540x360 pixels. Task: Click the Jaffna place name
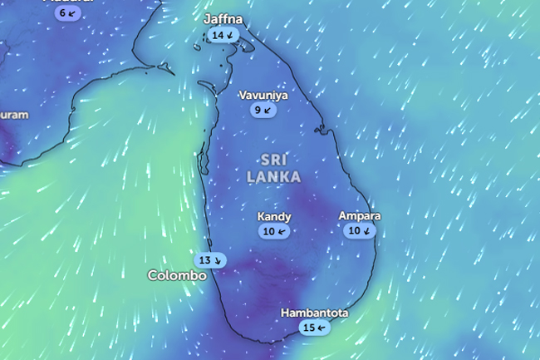(223, 19)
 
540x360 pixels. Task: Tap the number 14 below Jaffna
(218, 36)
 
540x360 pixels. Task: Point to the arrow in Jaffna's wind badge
(229, 36)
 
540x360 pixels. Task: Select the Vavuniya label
(263, 95)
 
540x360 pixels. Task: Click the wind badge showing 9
(263, 110)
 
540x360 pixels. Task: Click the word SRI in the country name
(273, 159)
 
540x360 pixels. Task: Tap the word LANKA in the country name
(273, 176)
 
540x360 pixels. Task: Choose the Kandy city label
(274, 217)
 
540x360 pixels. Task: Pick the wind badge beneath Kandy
(274, 231)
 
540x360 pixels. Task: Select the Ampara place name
(360, 216)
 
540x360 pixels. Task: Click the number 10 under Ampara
(355, 231)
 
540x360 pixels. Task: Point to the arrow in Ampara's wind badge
(367, 231)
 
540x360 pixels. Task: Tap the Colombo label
(176, 275)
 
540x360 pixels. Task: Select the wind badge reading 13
(210, 260)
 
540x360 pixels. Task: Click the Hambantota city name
(314, 313)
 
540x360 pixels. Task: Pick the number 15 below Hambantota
(308, 328)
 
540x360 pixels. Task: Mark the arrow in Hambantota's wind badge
(321, 328)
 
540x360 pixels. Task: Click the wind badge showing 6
(67, 13)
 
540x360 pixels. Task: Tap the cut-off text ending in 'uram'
(14, 115)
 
